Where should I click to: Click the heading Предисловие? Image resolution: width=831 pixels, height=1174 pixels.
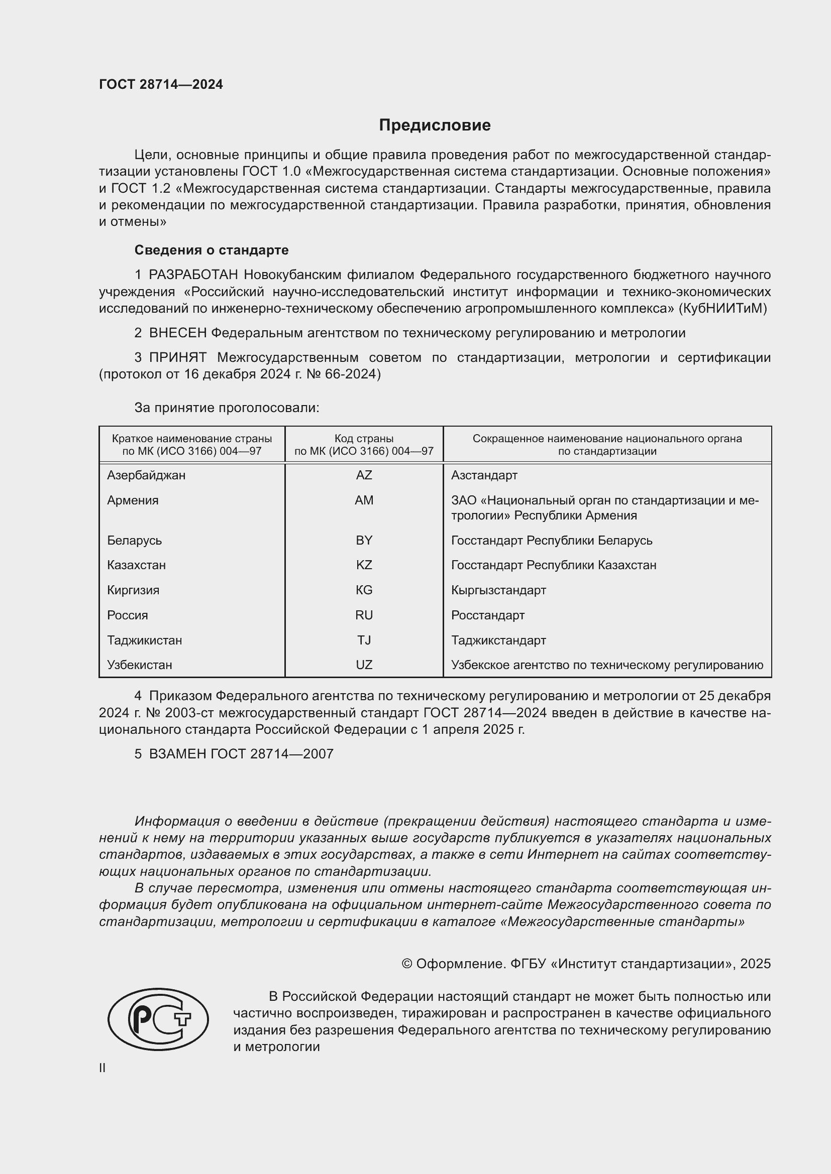[435, 125]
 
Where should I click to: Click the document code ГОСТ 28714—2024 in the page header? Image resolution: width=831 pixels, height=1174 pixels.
[161, 84]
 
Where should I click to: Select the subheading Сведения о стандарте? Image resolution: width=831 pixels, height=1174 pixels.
[212, 250]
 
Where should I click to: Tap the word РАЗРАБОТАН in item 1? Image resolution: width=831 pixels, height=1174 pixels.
[193, 275]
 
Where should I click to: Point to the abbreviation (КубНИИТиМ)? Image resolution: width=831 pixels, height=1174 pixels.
[722, 308]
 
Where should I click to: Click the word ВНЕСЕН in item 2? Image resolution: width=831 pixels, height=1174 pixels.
[177, 333]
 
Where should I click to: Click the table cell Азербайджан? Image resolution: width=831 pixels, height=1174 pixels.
[146, 475]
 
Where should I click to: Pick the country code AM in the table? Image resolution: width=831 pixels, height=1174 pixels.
[364, 500]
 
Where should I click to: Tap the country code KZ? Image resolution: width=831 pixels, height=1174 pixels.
[364, 565]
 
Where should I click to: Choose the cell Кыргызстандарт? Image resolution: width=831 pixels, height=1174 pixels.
[498, 590]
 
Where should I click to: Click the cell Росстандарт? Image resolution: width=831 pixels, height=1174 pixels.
[488, 615]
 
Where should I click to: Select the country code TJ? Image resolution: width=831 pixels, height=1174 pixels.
[364, 640]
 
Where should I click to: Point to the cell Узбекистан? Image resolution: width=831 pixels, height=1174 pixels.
[139, 665]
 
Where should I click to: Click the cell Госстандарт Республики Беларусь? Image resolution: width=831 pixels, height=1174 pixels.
[552, 541]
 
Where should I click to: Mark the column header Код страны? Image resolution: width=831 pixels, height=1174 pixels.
[364, 439]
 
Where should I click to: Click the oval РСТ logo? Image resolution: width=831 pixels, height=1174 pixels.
[158, 1019]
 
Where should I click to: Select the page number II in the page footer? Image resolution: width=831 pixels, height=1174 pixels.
[102, 1068]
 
